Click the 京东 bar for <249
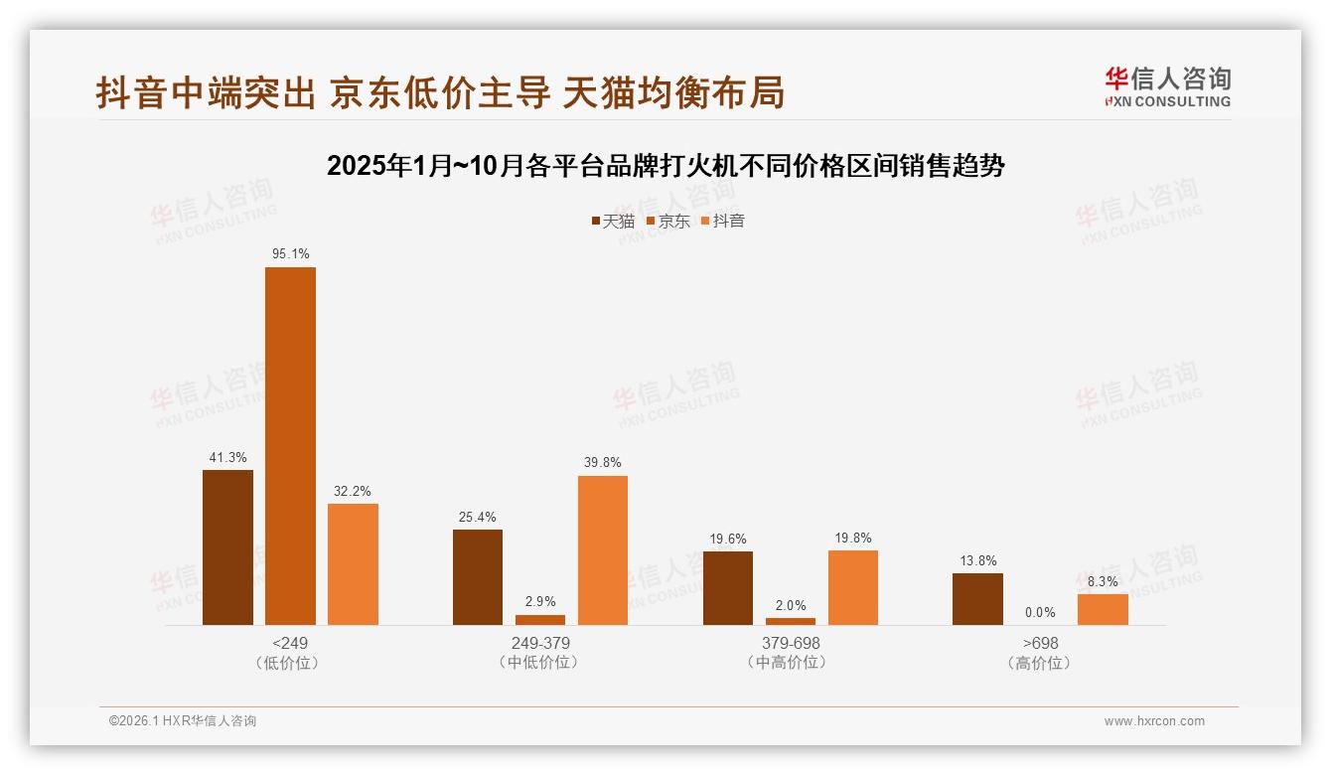290,446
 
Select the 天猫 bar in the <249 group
227,547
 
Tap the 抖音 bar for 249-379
603,550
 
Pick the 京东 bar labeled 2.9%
540,620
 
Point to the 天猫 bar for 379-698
728,588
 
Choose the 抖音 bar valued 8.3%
1103,609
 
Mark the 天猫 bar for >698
977,599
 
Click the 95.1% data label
291,254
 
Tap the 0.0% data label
1040,612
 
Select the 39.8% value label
603,463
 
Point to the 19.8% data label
853,539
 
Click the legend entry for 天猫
612,221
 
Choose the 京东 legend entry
667,221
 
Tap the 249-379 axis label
540,643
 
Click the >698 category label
1040,643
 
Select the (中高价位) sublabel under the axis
791,662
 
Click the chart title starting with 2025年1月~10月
665,166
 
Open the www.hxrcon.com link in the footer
1154,721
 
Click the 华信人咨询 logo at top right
1167,87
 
